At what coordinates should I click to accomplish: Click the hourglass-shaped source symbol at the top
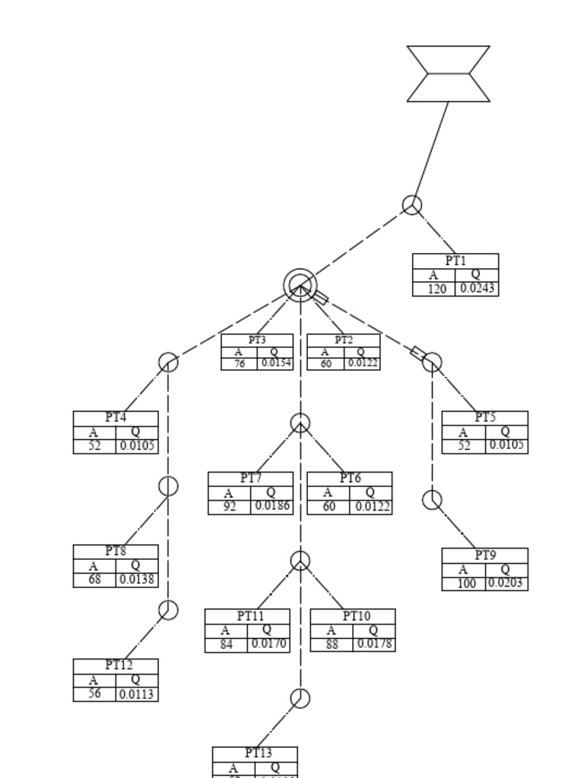coord(449,74)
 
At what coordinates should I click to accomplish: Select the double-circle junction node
coord(300,286)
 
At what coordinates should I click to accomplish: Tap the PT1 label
coord(455,261)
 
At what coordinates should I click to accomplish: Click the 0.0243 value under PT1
coord(478,289)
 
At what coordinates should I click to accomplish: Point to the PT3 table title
coord(257,340)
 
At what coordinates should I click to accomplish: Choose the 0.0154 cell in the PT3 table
coord(276,363)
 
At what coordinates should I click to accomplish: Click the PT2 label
coord(344,340)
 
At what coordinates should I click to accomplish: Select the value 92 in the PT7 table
coord(230,507)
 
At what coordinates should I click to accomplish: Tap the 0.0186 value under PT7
coord(271,507)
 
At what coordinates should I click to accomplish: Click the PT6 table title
coord(350,478)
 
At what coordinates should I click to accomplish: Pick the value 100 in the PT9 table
coord(466,583)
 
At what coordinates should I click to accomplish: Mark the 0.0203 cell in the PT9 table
coord(506,583)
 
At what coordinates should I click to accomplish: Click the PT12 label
coord(119,665)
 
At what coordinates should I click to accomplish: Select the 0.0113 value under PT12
coord(137,694)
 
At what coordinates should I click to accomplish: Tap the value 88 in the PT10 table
coord(332,644)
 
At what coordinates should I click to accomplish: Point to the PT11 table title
coord(250,615)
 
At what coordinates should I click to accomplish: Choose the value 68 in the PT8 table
coord(94,580)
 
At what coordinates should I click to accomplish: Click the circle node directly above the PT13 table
coord(300,698)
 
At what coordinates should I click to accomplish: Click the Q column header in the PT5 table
coord(506,432)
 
